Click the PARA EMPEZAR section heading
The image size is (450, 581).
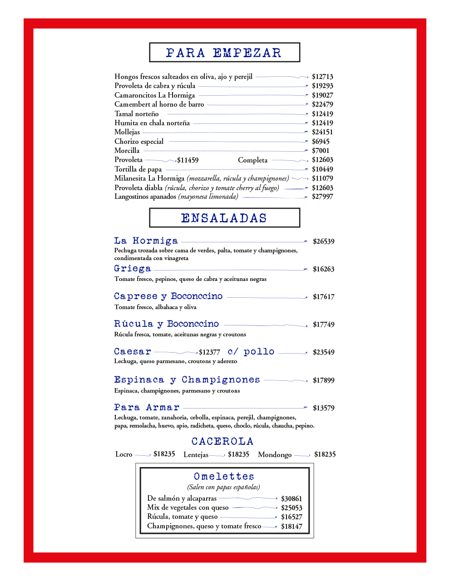coord(224,53)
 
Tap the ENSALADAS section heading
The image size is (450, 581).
coord(224,218)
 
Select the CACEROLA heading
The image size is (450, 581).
coord(222,441)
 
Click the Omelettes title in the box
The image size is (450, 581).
coord(224,477)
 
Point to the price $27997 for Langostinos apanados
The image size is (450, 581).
coord(322,197)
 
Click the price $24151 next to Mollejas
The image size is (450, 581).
coord(322,132)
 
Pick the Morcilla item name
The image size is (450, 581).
coord(127,151)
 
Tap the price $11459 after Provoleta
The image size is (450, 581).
coord(188,160)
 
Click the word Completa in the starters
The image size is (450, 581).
coord(252,160)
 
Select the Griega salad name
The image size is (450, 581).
coord(133,269)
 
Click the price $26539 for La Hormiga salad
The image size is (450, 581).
coord(323,241)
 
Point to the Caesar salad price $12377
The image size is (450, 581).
coord(209,352)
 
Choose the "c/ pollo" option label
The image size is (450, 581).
coord(251,352)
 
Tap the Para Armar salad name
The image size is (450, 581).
coord(147,408)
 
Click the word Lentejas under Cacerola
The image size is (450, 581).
coord(196,455)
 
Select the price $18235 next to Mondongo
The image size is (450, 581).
coord(325,454)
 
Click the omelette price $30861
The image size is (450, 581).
coord(292,499)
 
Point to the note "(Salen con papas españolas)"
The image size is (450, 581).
coord(224,487)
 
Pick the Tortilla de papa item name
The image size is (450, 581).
coord(138,169)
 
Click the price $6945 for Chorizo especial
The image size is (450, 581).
coord(321,142)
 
